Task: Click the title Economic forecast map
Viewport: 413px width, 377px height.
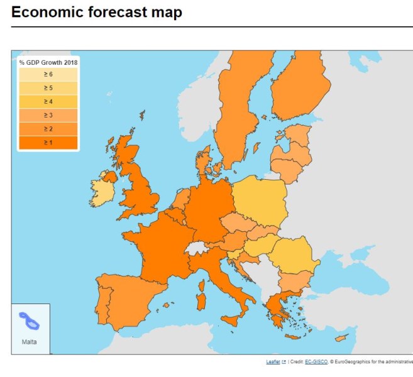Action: pos(97,13)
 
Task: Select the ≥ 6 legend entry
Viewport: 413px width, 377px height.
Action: pos(48,75)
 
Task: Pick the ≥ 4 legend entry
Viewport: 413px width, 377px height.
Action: pos(48,101)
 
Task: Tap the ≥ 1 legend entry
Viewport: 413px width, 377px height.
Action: pos(48,143)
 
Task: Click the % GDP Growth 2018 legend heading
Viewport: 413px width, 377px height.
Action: pos(48,62)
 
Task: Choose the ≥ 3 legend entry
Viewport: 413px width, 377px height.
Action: pos(48,115)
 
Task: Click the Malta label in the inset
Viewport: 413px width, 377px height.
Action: pos(29,342)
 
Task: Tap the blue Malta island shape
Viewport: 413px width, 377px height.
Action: pos(29,321)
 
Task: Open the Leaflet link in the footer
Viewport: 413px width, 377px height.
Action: pos(273,362)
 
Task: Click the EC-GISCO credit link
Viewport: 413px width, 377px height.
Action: pos(312,362)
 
